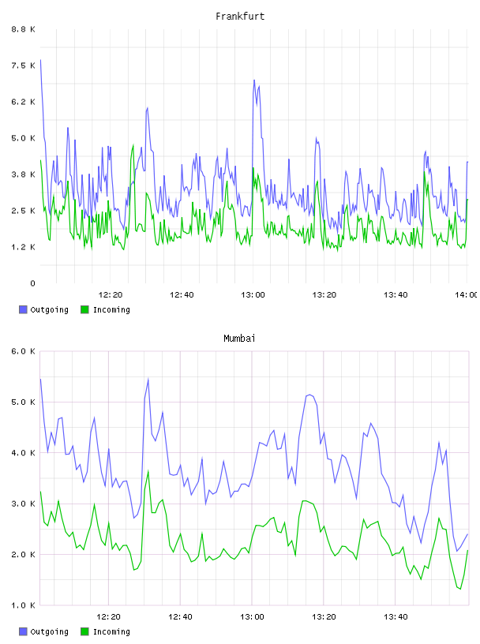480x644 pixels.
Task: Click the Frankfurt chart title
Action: point(240,17)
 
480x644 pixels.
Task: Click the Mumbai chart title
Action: point(239,339)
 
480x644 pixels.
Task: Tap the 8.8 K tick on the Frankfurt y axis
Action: point(24,29)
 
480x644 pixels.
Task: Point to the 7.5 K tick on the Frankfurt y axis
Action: point(24,66)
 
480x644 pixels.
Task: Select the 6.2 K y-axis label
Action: point(24,102)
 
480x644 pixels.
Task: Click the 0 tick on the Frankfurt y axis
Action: point(32,283)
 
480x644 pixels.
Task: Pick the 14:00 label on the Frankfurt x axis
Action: point(467,294)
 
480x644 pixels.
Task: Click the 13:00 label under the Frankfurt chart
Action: point(253,294)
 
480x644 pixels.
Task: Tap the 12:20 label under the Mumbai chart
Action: point(108,616)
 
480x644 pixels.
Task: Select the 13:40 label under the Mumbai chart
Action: point(396,616)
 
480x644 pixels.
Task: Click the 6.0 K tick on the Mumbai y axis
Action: point(24,351)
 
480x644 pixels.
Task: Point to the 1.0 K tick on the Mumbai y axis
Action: point(24,605)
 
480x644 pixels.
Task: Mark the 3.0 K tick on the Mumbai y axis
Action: point(24,504)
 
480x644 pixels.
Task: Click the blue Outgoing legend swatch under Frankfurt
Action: point(23,309)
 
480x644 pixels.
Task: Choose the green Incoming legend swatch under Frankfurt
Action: point(84,309)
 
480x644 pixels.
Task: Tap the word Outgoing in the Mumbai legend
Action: point(49,631)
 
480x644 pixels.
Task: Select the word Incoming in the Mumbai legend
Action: point(111,631)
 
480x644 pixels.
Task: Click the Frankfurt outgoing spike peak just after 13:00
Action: point(254,80)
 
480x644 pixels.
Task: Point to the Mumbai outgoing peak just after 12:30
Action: point(148,379)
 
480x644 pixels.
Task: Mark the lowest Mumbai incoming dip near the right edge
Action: point(460,589)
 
